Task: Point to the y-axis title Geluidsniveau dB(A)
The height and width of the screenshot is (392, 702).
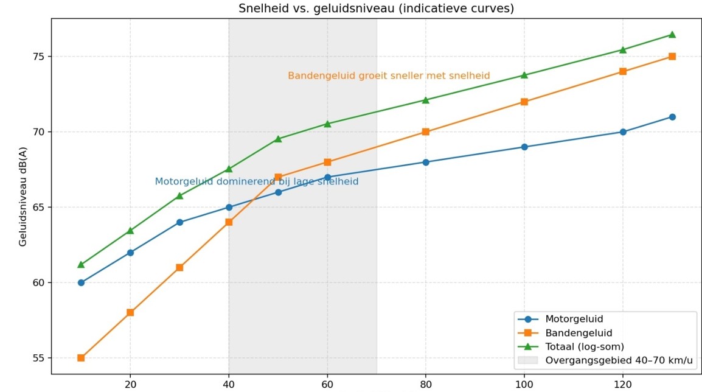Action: point(23,197)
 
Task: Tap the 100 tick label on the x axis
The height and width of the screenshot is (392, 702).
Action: point(524,384)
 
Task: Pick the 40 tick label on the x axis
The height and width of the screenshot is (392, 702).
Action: point(229,384)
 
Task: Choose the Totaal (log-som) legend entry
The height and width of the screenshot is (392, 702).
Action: point(571,347)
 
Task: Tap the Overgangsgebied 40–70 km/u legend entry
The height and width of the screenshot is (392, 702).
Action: point(605,360)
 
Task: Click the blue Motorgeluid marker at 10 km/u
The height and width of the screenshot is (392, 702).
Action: point(81,282)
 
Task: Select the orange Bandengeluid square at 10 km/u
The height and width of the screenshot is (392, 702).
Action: point(81,358)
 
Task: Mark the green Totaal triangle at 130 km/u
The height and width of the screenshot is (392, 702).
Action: point(672,35)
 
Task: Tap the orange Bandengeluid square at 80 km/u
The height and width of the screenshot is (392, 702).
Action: point(425,131)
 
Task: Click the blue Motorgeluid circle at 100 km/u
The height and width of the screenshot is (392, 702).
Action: point(524,147)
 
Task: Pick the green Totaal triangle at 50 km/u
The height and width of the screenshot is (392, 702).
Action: point(278,139)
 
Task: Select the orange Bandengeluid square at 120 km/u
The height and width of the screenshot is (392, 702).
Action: point(623,72)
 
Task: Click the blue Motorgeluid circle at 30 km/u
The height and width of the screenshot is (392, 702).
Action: point(179,222)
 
